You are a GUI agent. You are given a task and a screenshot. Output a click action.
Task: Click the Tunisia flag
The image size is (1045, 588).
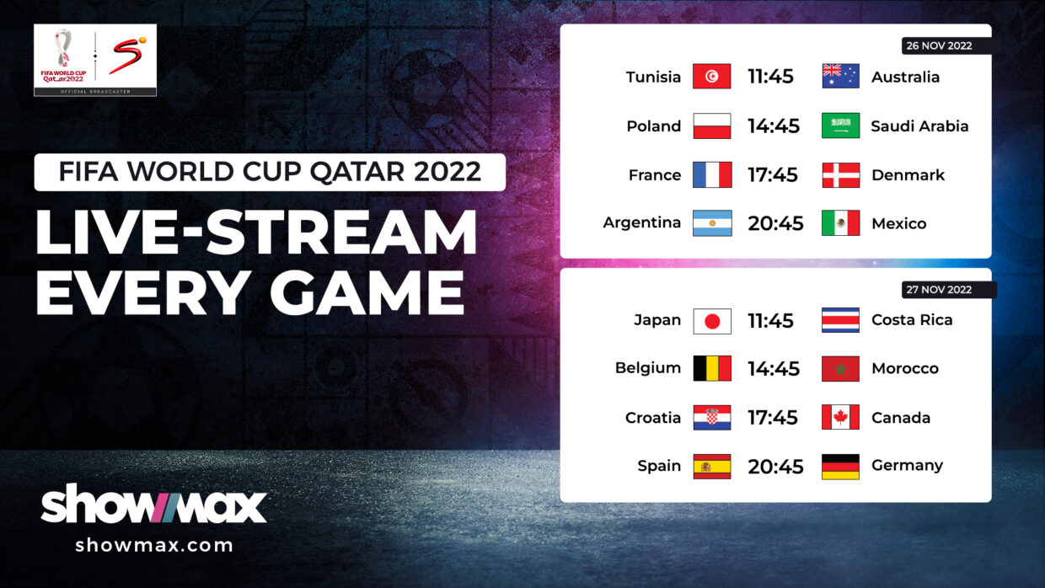click(711, 76)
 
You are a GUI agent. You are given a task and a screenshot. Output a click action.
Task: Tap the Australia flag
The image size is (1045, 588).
click(840, 76)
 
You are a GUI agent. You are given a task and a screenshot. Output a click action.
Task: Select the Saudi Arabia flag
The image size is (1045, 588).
click(840, 126)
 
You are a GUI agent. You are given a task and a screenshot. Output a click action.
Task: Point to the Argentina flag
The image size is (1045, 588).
click(712, 223)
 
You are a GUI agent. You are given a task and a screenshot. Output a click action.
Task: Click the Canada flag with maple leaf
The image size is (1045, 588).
click(840, 417)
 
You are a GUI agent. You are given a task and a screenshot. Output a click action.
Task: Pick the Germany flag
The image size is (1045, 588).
click(840, 467)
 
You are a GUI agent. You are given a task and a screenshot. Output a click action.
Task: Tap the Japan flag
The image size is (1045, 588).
click(712, 321)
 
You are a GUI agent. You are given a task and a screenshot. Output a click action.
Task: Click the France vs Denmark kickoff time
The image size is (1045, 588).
click(773, 175)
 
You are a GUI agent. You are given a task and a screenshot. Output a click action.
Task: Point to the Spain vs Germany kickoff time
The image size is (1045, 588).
click(775, 467)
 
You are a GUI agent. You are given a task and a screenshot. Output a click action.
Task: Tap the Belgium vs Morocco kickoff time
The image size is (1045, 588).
click(774, 368)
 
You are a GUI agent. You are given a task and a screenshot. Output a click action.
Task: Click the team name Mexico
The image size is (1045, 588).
click(898, 223)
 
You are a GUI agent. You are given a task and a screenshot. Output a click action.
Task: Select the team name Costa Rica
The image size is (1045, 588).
click(912, 320)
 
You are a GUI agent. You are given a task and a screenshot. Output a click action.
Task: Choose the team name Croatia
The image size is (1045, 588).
click(652, 417)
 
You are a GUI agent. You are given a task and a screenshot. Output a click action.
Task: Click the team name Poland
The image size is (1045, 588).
click(654, 126)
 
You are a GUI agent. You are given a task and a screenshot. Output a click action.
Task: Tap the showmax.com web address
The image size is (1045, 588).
click(154, 545)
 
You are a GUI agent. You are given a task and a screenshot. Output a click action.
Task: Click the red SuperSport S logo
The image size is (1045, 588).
click(127, 56)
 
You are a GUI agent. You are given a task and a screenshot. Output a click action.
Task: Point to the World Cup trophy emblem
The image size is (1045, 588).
click(63, 47)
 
